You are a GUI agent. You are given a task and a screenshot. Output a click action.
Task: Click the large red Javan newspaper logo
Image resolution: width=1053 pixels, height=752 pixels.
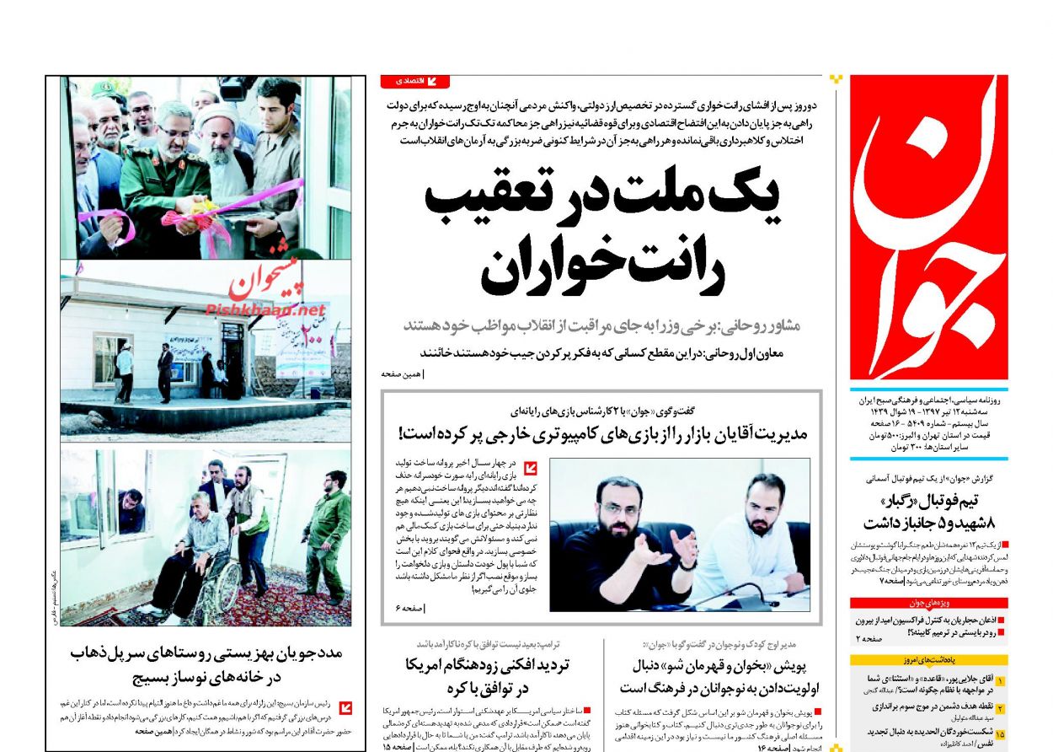click(928, 228)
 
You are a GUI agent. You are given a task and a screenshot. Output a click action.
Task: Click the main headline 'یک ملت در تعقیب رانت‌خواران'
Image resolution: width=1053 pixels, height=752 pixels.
click(601, 236)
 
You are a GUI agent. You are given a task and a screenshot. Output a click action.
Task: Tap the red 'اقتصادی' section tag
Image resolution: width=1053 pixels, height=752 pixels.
click(414, 82)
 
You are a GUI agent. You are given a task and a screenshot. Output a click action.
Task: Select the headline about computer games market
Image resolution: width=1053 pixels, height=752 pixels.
click(602, 434)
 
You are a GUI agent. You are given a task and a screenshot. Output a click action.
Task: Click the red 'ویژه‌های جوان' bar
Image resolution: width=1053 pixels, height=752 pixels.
click(928, 603)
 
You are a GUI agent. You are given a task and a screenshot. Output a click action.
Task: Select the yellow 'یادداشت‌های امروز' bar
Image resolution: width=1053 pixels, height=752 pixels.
click(928, 659)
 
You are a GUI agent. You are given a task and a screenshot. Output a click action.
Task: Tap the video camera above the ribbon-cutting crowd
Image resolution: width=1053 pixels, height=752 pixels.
click(236, 86)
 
